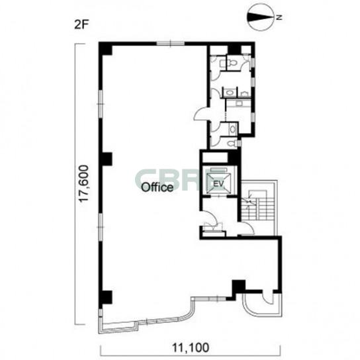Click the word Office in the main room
tap(157, 187)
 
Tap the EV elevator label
tap(218, 183)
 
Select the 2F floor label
tap(81, 24)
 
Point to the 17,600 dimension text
tap(83, 184)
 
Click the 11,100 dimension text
tap(191, 347)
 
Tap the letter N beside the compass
tap(279, 17)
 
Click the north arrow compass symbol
tap(260, 17)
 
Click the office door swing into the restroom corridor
tap(201, 113)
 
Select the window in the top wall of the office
tap(170, 44)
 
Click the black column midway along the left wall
tap(106, 159)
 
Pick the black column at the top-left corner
tap(106, 48)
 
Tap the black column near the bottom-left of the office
tap(106, 297)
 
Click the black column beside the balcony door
tap(238, 287)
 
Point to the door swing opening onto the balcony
tap(268, 298)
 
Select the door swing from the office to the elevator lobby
tap(208, 218)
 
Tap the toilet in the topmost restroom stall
tap(233, 62)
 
